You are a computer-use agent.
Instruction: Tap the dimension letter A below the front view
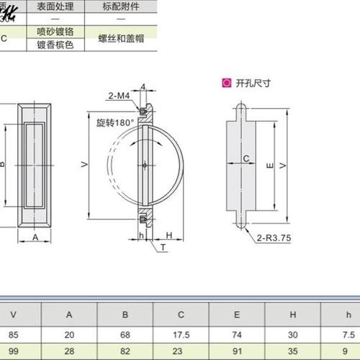coord(35,235)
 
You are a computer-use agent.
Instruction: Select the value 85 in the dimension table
coord(13,333)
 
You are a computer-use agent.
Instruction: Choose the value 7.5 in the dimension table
coord(348,333)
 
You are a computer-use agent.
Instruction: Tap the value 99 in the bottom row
coord(13,352)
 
